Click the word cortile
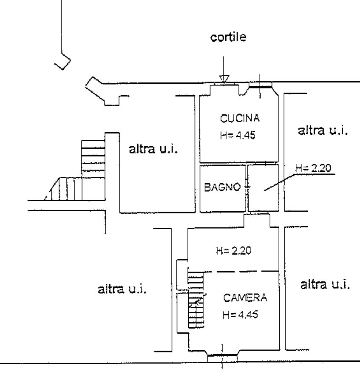coord(228,37)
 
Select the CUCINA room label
coord(240,118)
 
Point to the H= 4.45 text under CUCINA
coord(238,135)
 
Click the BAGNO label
coord(222,187)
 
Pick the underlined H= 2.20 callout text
coord(313,168)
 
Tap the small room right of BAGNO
coord(263,188)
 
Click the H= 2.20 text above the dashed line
coord(233,251)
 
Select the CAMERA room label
coord(245,298)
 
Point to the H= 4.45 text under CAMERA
coord(240,315)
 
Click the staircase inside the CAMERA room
coord(196,300)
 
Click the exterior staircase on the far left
coord(77,170)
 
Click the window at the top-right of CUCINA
coord(261,85)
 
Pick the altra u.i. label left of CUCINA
coord(153,149)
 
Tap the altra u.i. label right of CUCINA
coord(323,130)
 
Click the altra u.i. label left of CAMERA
coord(122,289)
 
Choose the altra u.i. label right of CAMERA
coord(325,284)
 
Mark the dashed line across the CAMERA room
coord(241,272)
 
